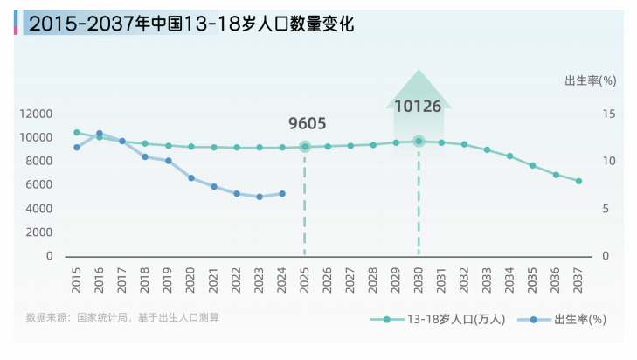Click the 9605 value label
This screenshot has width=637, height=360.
tap(306, 124)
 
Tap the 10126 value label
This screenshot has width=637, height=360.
tap(418, 107)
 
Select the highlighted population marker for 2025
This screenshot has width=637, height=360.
tap(305, 147)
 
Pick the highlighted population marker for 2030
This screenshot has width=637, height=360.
tap(419, 141)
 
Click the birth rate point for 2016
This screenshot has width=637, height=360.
tap(100, 134)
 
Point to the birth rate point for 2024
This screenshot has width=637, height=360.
tap(281, 194)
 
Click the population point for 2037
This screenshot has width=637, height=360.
tap(578, 181)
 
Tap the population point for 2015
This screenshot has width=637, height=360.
tap(77, 133)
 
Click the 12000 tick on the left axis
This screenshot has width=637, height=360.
tap(37, 114)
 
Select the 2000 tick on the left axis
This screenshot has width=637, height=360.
tap(40, 232)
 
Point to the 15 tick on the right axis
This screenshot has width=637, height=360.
tap(608, 114)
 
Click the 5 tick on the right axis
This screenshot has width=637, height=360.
tap(612, 209)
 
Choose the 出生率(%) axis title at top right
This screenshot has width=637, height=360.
tap(591, 80)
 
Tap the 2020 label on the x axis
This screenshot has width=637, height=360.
tap(191, 279)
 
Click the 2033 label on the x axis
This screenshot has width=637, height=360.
tap(488, 279)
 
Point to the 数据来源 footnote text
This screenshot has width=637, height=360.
tap(122, 317)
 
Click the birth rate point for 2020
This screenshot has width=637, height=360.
tap(191, 177)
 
